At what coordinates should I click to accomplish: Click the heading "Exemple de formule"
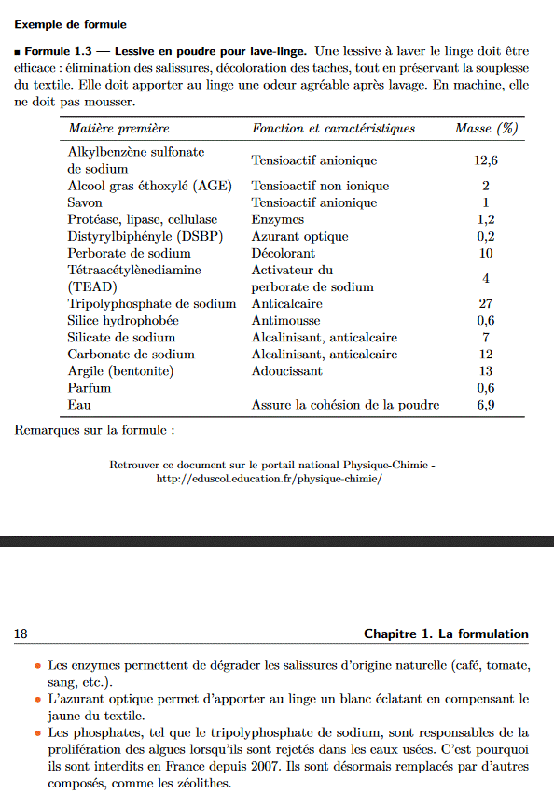point(71,24)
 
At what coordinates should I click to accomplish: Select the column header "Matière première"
point(118,129)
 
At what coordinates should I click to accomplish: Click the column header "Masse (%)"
point(486,129)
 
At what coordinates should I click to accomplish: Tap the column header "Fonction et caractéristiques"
point(333,129)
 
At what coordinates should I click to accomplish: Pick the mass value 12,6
point(486,160)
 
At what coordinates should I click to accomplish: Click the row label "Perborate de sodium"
point(129,253)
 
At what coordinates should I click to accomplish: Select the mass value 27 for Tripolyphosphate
point(485,304)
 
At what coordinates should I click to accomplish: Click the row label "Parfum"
point(90,388)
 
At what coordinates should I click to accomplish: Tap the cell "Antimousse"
point(285,321)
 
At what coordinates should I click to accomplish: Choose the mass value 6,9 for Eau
point(485,405)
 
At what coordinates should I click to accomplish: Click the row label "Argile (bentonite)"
point(120,371)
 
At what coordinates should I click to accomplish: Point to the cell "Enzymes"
point(278,219)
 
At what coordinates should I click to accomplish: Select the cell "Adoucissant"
point(287,371)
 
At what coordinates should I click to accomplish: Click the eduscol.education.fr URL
point(270,479)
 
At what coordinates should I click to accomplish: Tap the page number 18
point(21,634)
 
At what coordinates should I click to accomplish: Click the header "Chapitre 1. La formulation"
point(446,634)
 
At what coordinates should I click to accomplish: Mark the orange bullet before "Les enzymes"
point(37,667)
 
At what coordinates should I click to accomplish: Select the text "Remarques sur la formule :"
point(94,430)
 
